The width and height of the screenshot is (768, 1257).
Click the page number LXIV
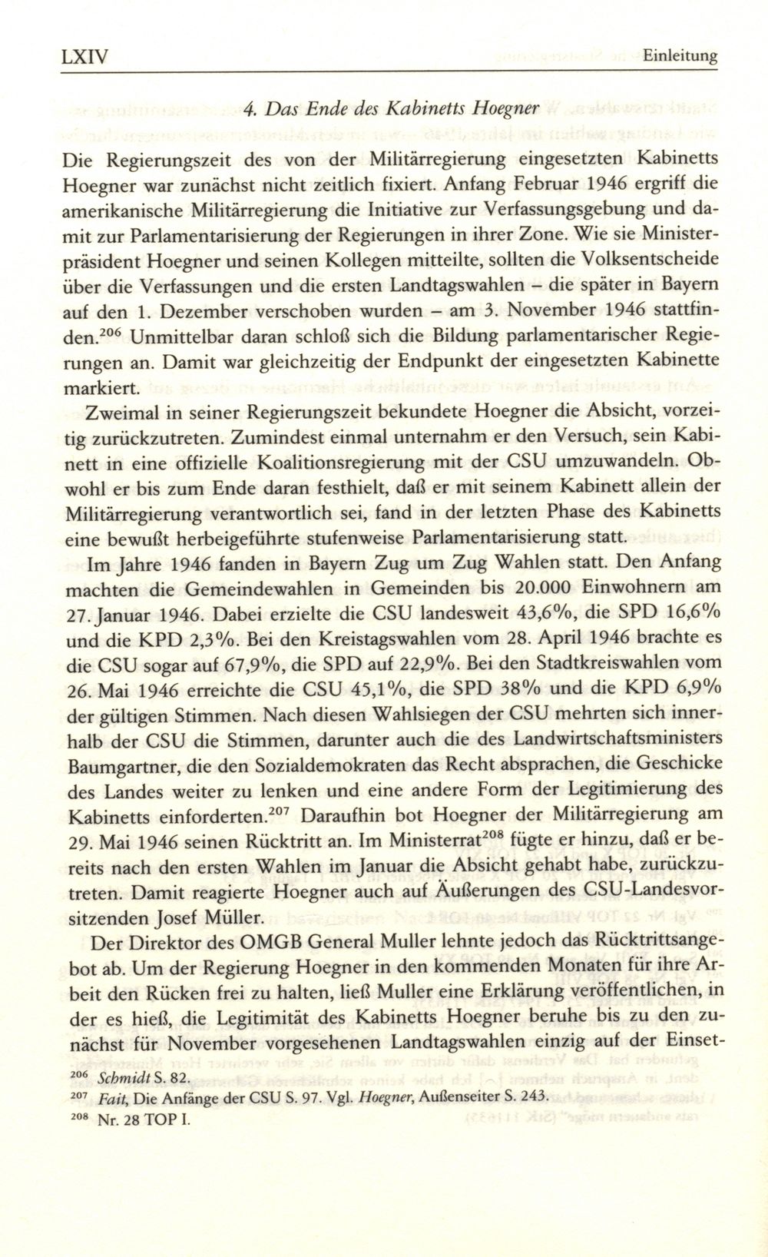click(x=84, y=55)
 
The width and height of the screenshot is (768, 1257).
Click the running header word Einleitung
click(x=680, y=56)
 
